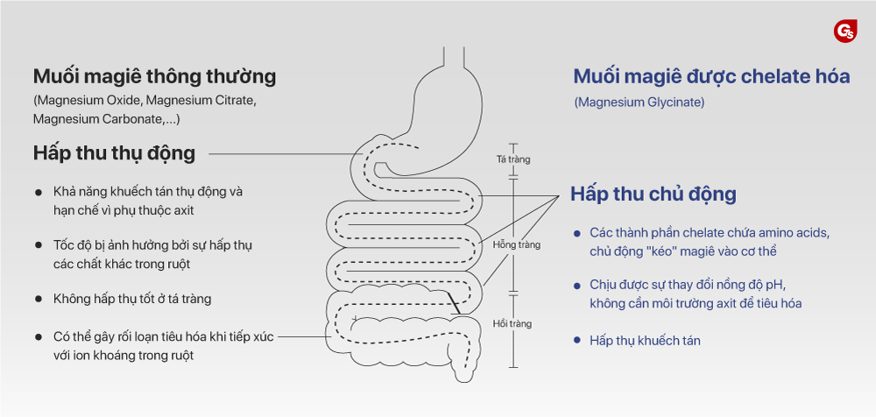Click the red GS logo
[x=845, y=31]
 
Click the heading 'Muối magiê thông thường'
[x=154, y=76]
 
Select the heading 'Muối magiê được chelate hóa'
[x=711, y=76]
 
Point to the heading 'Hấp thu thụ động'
[x=114, y=152]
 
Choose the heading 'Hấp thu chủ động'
[x=653, y=194]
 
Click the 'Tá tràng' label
[x=512, y=159]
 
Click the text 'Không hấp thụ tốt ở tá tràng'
[x=131, y=299]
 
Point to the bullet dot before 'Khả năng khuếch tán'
[x=38, y=191]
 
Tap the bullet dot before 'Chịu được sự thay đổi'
[x=576, y=286]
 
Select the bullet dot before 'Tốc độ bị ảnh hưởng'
[x=38, y=245]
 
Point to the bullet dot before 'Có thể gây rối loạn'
[x=38, y=337]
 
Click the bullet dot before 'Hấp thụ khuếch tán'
[x=576, y=340]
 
